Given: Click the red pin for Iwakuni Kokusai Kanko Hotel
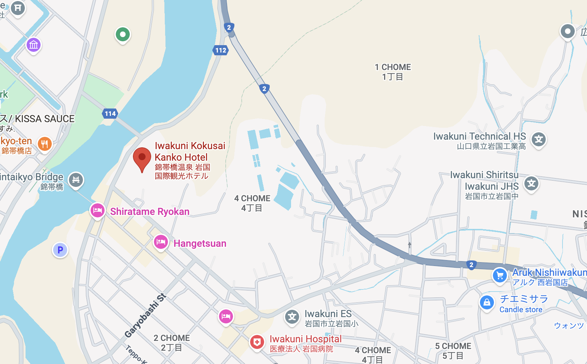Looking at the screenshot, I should pyautogui.click(x=142, y=158).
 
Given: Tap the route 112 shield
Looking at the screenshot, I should pyautogui.click(x=220, y=50).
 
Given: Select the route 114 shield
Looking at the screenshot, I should pyautogui.click(x=110, y=113).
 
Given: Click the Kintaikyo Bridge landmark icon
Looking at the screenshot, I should pyautogui.click(x=76, y=180).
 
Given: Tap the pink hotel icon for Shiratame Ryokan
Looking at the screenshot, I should pyautogui.click(x=98, y=211).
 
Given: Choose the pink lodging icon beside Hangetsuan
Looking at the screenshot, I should pyautogui.click(x=161, y=242).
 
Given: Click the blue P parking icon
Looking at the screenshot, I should pyautogui.click(x=60, y=250).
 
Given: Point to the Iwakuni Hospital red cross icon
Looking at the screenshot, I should pyautogui.click(x=257, y=342).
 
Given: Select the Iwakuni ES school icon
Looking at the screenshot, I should pyautogui.click(x=292, y=317).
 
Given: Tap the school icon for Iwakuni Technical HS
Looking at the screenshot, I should pyautogui.click(x=539, y=140).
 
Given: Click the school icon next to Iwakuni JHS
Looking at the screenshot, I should pyautogui.click(x=531, y=183).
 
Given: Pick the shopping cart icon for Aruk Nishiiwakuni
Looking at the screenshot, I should pyautogui.click(x=500, y=275).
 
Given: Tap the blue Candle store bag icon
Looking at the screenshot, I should pyautogui.click(x=487, y=303).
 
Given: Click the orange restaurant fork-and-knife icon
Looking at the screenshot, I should pyautogui.click(x=44, y=144).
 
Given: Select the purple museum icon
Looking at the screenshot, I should pyautogui.click(x=34, y=45).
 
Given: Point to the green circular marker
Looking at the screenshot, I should pyautogui.click(x=123, y=35).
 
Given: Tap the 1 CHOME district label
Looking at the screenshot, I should pyautogui.click(x=393, y=67).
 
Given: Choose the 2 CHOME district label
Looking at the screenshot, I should pyautogui.click(x=172, y=338).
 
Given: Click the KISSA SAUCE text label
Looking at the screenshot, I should pyautogui.click(x=45, y=119).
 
